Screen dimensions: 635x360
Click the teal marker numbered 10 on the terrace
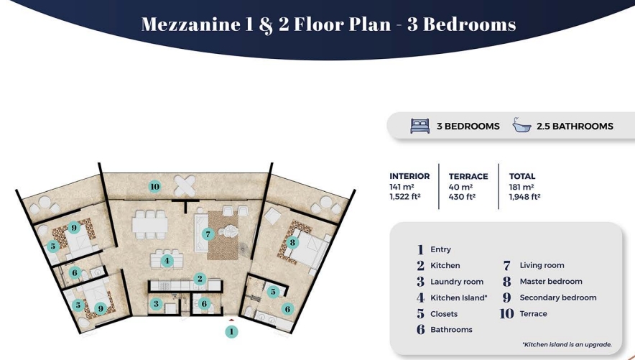tap(154, 187)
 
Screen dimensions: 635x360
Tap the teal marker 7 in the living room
tap(208, 234)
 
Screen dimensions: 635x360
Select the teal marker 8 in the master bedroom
tap(292, 243)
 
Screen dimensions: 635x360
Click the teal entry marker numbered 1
tap(231, 332)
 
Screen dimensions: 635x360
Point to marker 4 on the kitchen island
tap(167, 261)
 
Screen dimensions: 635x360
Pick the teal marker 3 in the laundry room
tap(156, 304)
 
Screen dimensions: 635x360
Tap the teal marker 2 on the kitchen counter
tap(200, 279)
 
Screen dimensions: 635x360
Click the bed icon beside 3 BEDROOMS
tap(420, 126)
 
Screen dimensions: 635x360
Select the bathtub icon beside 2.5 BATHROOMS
tap(522, 125)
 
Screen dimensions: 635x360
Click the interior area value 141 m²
tap(402, 187)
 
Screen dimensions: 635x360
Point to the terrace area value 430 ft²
tap(462, 197)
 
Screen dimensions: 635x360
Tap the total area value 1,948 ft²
tap(524, 197)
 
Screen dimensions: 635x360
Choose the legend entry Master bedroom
tap(551, 282)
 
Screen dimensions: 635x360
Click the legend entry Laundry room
tap(457, 282)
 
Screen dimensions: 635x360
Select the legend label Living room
tap(542, 265)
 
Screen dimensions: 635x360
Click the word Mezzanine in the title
tap(191, 24)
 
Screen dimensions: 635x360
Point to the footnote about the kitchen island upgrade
tap(567, 345)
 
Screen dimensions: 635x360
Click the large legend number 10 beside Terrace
tap(506, 314)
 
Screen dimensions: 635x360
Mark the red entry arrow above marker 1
tap(231, 320)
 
